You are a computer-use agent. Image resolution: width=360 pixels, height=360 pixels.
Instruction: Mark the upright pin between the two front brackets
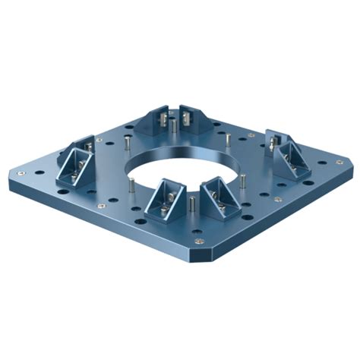(192, 204)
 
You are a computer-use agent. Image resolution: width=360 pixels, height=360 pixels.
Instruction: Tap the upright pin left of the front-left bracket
(132, 185)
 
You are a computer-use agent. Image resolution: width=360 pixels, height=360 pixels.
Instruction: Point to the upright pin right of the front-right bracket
(242, 183)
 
